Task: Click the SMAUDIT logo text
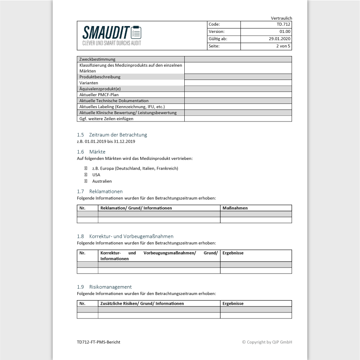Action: point(106,32)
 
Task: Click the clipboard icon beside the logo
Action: point(136,32)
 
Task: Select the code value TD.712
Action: point(283,25)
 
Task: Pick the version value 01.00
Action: point(285,32)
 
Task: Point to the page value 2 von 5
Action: point(283,46)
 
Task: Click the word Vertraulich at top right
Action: point(281,18)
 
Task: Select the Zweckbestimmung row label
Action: point(97,59)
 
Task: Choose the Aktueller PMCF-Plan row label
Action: point(99,94)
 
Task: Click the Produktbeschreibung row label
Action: point(100,77)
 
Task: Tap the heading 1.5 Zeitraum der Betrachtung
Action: point(112,135)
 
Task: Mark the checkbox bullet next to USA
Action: point(86,175)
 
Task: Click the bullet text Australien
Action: point(102,181)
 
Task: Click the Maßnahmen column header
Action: point(235,208)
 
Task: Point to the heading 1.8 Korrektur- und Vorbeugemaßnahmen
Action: point(125,236)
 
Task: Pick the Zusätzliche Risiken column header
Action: point(142,304)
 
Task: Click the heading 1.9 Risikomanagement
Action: point(104,286)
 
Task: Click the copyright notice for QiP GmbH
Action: point(267,342)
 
